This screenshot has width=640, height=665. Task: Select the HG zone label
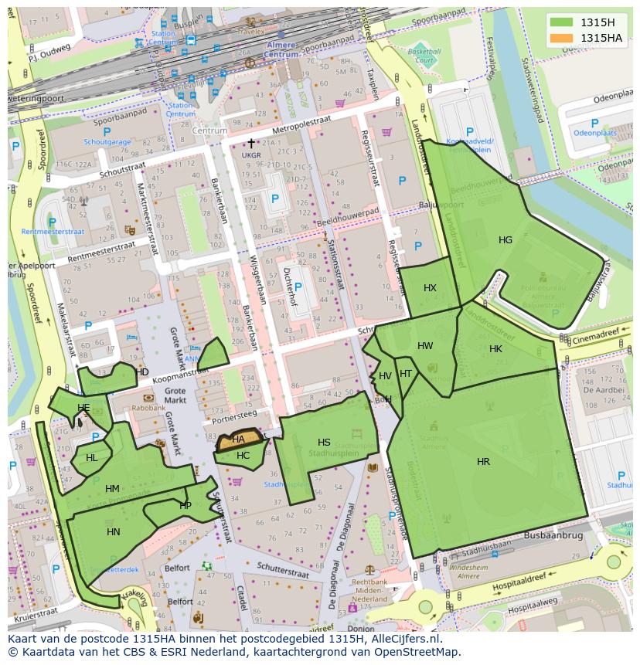point(505,240)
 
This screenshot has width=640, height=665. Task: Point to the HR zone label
point(483,462)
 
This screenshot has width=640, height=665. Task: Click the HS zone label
point(324,443)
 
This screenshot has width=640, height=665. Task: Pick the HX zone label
point(430,288)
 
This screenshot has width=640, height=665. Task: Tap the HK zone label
point(495,349)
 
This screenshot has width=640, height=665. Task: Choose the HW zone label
point(425,346)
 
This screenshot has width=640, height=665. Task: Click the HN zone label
point(114,532)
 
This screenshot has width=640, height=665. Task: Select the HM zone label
point(112,489)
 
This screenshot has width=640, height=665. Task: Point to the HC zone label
point(243,456)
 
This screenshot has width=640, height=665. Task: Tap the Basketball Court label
point(423,55)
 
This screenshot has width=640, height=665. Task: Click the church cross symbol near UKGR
point(250,144)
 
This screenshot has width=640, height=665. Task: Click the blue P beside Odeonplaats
point(594,124)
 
